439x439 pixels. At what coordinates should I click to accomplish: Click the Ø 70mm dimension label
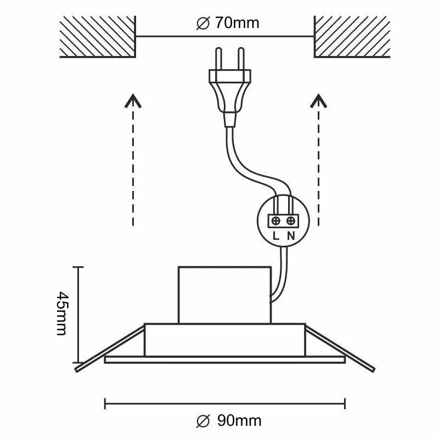coord(228,23)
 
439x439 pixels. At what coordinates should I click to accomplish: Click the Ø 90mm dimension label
coord(229,421)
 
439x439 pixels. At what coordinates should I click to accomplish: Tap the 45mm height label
coord(62,313)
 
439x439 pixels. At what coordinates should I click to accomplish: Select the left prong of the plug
coord(218,59)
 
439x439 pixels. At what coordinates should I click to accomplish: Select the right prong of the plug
coord(241,59)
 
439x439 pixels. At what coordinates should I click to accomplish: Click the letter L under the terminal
coord(276,236)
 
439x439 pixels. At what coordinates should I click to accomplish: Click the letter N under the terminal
coord(291,236)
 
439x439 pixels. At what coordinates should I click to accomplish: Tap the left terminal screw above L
coord(276,221)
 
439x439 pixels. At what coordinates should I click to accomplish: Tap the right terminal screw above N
coord(291,221)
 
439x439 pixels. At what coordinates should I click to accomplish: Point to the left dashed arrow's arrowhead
coord(133,100)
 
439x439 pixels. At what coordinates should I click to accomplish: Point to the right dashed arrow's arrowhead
coord(319,100)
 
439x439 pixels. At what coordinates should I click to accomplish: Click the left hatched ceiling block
coord(98,37)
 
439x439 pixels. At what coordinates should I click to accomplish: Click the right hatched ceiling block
coord(352,37)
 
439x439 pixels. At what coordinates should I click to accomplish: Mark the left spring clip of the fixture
coord(110,349)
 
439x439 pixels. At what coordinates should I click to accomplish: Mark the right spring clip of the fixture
coord(340,349)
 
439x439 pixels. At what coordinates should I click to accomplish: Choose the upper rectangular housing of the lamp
coord(224,295)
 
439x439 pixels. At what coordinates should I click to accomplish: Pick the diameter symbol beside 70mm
coord(203,23)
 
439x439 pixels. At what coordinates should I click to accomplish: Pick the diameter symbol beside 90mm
coord(203,421)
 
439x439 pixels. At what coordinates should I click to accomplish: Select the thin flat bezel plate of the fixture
coord(224,360)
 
